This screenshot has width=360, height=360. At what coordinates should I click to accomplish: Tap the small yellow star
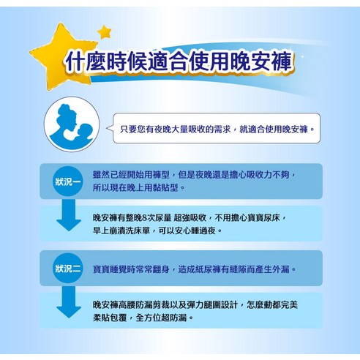(x=105, y=31)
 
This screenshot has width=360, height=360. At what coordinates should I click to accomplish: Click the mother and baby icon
(x=72, y=124)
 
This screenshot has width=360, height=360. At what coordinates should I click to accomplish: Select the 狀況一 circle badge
(x=68, y=181)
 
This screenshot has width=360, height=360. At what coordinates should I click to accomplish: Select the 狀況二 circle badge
(x=68, y=268)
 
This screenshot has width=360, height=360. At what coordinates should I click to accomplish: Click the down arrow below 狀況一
(x=69, y=215)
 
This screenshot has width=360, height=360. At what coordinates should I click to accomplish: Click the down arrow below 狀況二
(x=69, y=302)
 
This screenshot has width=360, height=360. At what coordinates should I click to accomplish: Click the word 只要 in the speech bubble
(x=129, y=129)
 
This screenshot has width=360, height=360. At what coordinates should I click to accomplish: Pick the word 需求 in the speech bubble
(x=222, y=129)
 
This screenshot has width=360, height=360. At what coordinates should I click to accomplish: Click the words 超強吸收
(x=190, y=217)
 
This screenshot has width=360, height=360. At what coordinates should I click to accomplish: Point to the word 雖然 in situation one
(x=101, y=175)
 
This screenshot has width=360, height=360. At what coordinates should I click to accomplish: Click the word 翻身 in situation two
(x=161, y=269)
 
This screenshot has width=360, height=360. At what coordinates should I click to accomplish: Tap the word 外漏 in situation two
(x=281, y=269)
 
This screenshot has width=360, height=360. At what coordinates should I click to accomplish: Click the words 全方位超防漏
(x=161, y=318)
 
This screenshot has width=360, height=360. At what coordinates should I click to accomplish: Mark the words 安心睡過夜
(x=195, y=230)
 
